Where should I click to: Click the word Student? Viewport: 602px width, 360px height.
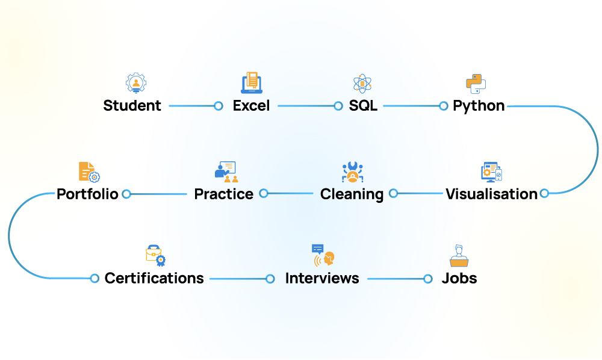tap(132, 106)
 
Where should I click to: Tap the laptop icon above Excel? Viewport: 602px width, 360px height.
tap(252, 83)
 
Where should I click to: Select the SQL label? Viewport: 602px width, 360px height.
tap(363, 106)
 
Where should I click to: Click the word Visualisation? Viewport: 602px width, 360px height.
tap(491, 194)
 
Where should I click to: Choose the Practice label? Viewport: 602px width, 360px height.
tap(223, 194)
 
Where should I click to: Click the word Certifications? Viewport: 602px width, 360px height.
tap(154, 278)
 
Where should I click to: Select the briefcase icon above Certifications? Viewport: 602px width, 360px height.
tap(155, 255)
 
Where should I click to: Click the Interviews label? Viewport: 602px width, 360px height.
tap(322, 278)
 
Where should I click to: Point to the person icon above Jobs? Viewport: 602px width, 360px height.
tap(459, 255)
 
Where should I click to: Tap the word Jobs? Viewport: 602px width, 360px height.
tap(459, 278)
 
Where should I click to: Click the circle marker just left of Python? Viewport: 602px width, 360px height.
tap(444, 106)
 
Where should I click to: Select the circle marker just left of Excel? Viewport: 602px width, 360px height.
tap(219, 106)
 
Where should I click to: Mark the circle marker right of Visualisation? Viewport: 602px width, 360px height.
tap(544, 193)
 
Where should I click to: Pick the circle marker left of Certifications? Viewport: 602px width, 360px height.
tap(95, 278)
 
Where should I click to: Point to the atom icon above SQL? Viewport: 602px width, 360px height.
tap(362, 84)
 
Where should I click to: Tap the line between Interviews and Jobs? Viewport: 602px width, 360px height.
tap(395, 279)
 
